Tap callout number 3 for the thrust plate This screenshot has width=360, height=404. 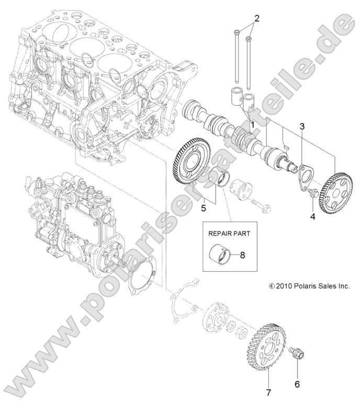(302, 126)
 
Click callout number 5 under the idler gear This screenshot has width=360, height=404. (204, 208)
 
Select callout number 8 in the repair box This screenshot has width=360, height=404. (242, 256)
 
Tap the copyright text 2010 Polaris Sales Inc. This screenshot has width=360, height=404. (308, 285)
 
